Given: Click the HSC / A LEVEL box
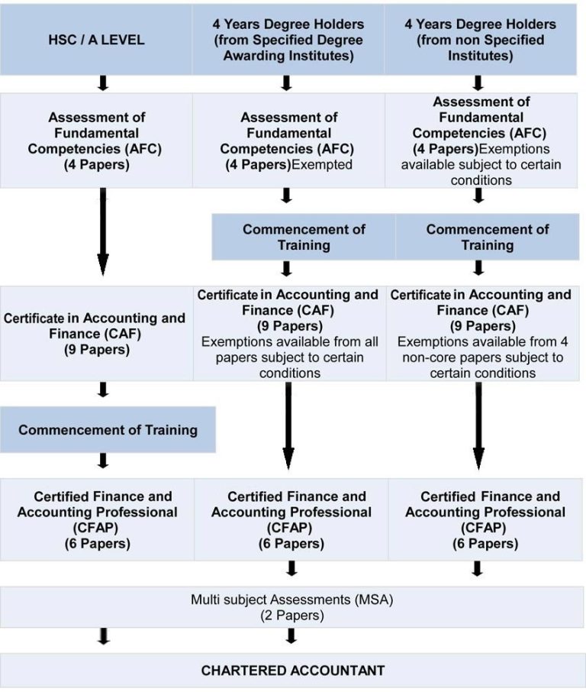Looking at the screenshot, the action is (96, 40).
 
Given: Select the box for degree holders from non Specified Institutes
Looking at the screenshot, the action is (481, 40).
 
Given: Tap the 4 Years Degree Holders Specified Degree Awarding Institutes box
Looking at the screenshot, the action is (288, 40).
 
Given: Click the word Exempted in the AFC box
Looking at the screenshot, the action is (322, 165).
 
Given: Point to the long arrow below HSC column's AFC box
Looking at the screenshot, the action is (103, 231).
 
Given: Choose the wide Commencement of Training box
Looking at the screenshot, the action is (108, 430).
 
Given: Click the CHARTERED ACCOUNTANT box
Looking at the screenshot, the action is (293, 671).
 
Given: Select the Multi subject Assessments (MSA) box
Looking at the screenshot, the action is (292, 607).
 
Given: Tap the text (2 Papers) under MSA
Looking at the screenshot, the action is (292, 615).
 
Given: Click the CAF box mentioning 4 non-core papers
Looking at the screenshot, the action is (483, 333).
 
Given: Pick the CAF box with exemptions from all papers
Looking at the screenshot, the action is (290, 333).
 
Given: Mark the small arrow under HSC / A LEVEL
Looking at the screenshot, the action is (103, 83).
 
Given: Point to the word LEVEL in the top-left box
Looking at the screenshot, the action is (122, 40).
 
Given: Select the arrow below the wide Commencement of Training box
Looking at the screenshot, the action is (103, 461).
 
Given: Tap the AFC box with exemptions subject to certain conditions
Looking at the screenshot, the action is (481, 141).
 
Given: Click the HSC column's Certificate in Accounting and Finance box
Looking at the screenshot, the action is (97, 333).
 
